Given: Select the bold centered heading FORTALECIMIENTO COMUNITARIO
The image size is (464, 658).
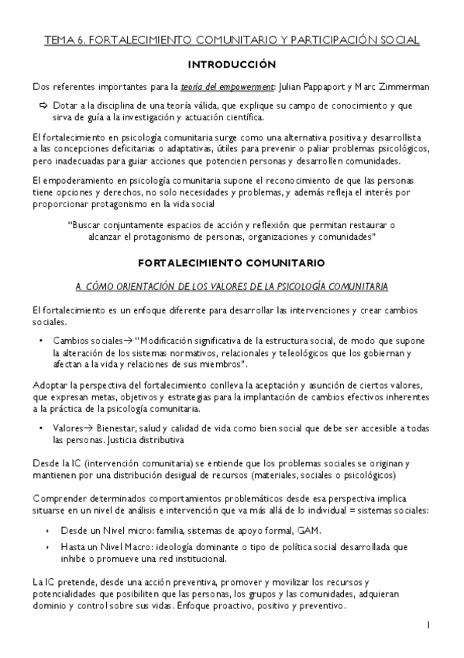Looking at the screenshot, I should [x=232, y=263].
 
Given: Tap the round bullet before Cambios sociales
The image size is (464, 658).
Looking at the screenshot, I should [x=40, y=340].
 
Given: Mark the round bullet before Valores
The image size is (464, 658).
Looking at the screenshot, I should [x=40, y=428].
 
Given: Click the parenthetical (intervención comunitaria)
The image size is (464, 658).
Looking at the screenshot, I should [x=137, y=463].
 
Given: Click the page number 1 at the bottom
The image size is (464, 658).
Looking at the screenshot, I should [x=428, y=624].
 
